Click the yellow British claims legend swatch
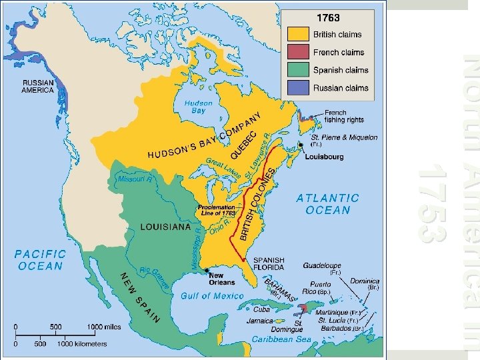pos(298,34)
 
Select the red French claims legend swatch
pos(298,52)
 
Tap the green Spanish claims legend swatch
pos(298,70)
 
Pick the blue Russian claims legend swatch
pos(298,87)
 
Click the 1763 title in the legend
pos(328,19)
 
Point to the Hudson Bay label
pos(198,107)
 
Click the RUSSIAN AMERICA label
pos(37,86)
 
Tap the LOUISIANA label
pos(165,227)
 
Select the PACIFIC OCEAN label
pos(41,260)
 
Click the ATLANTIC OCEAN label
pos(327,204)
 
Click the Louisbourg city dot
pos(301,145)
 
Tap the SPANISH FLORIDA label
pos(269,264)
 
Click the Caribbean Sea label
pos(281,339)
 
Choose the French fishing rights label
pos(344,117)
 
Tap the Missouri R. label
pos(135,179)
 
